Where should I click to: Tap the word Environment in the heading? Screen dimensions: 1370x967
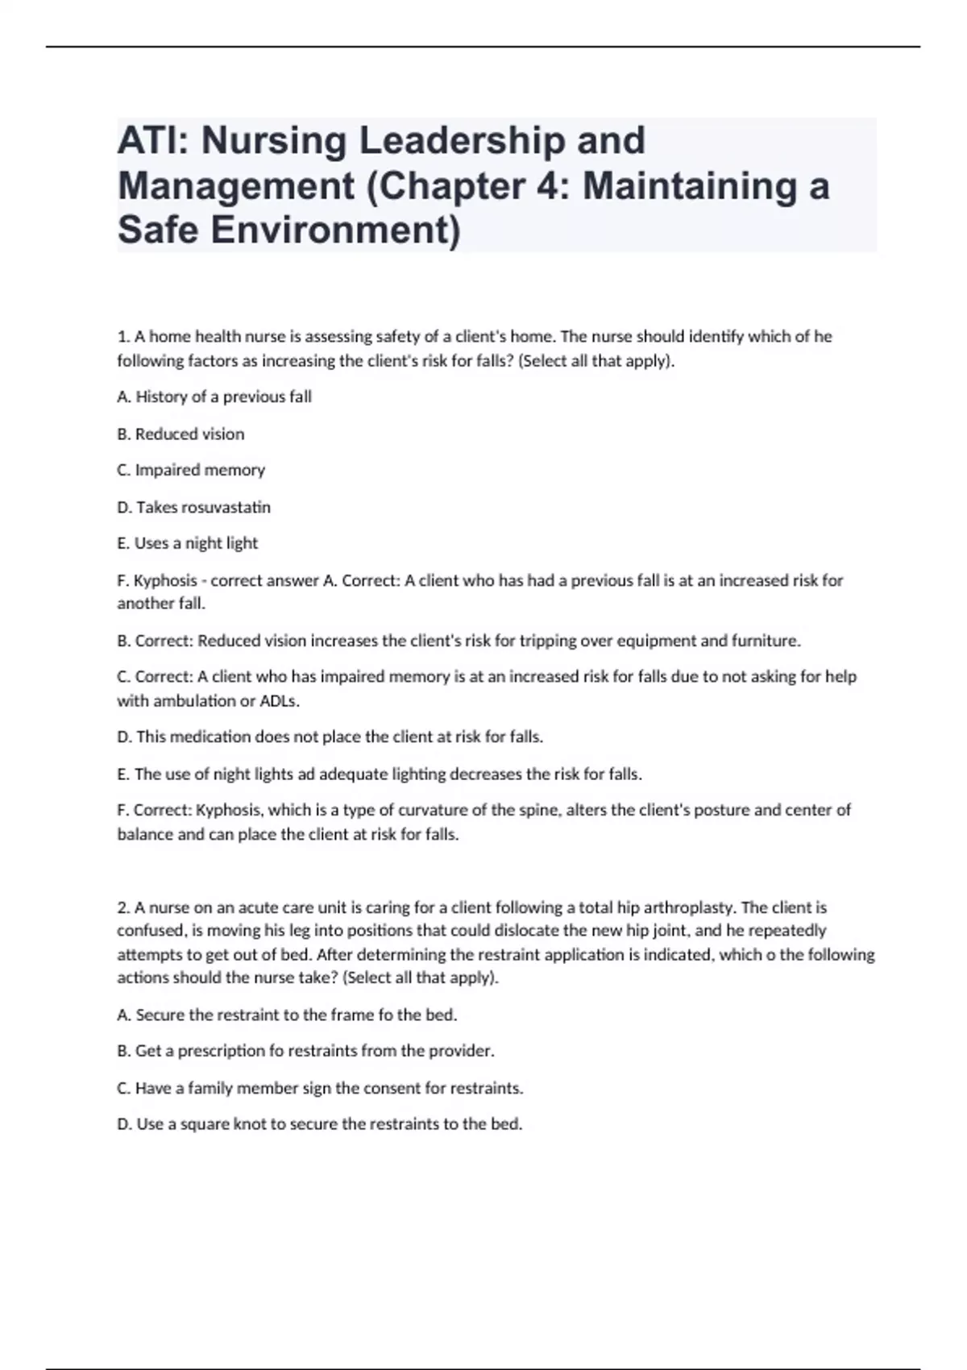click(335, 230)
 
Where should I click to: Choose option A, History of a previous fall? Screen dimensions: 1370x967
click(214, 396)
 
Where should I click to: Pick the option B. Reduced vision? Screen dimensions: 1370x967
click(181, 434)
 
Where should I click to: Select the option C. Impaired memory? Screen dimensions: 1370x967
click(191, 470)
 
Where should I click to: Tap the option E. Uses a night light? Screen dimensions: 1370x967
click(188, 543)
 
